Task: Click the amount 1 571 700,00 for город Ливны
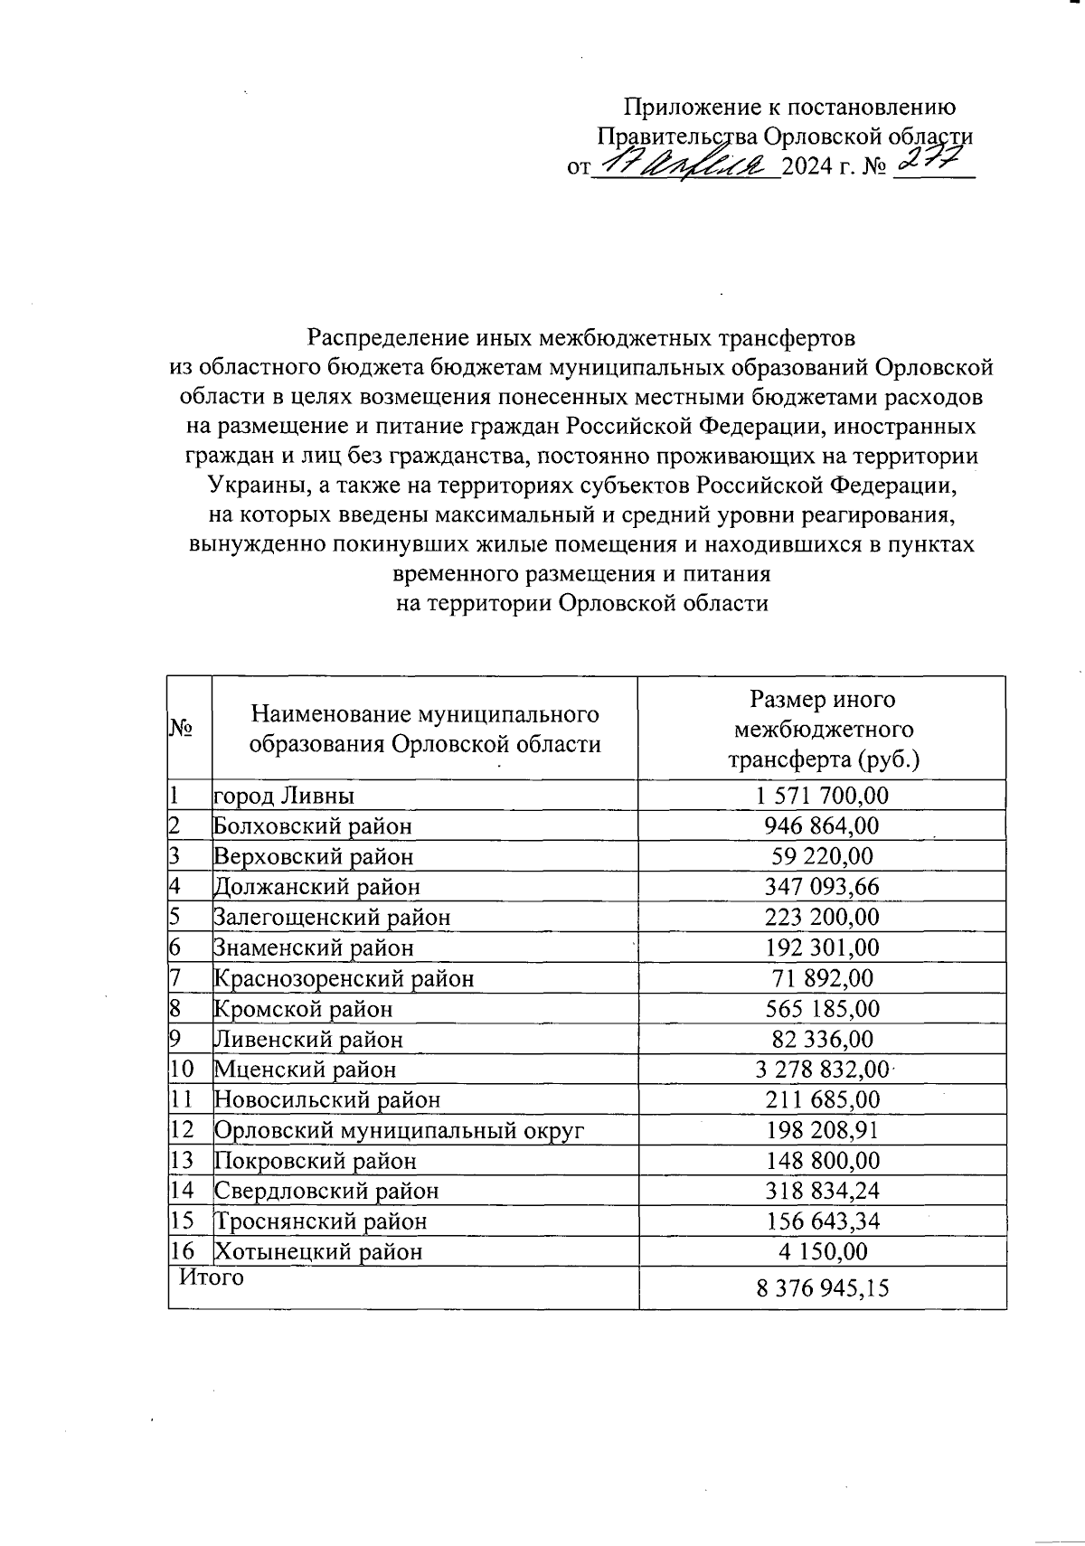tap(822, 796)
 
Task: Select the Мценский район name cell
tap(305, 1070)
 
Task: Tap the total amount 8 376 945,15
tap(822, 1288)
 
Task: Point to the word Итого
tap(212, 1277)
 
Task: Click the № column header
tap(184, 728)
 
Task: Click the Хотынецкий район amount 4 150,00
tap(822, 1251)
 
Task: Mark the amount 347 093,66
tap(822, 887)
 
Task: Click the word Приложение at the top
tap(679, 108)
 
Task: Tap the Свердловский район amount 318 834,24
tap(822, 1191)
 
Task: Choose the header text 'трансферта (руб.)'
tap(824, 759)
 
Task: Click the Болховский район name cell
tap(312, 825)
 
